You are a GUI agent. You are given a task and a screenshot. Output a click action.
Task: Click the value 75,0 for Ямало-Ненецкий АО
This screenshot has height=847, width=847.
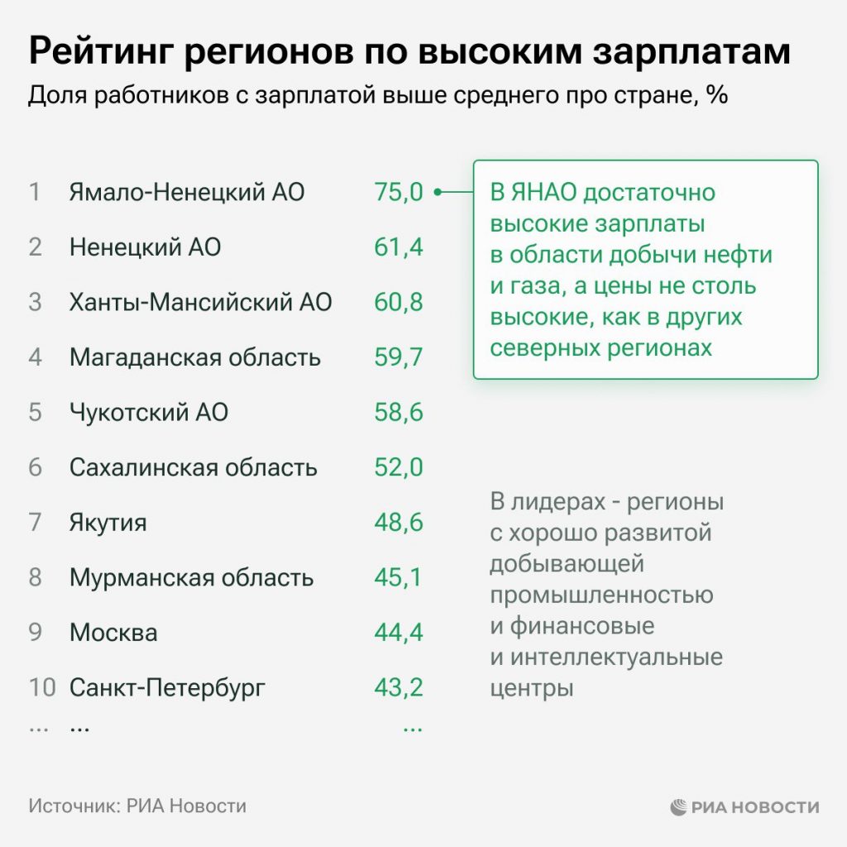398,193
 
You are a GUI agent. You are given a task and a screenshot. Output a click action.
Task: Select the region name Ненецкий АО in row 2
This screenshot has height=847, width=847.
145,247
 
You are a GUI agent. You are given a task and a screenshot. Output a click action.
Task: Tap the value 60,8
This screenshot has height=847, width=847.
398,303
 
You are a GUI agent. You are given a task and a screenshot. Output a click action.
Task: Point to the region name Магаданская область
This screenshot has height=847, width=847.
194,357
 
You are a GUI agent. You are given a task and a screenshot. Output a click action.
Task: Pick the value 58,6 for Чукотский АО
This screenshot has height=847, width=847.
398,413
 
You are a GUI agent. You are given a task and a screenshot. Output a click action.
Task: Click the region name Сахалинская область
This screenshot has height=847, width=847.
193,467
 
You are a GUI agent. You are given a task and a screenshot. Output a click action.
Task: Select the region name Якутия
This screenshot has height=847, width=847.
108,523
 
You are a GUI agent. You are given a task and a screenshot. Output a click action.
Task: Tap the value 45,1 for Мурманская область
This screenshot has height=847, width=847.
398,577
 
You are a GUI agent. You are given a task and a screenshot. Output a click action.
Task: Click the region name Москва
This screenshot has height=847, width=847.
113,633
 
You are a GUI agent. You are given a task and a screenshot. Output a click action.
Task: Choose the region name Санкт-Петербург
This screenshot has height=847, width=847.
167,687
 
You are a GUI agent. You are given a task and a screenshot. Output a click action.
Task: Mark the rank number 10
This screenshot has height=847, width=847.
42,687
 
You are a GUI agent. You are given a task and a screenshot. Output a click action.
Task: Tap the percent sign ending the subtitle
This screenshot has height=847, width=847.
717,95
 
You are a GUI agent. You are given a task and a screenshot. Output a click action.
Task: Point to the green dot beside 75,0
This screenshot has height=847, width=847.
437,193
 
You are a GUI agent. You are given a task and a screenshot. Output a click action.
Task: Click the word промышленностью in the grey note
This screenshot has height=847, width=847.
601,595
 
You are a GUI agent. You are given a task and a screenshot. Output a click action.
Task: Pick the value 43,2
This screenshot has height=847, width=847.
398,687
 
